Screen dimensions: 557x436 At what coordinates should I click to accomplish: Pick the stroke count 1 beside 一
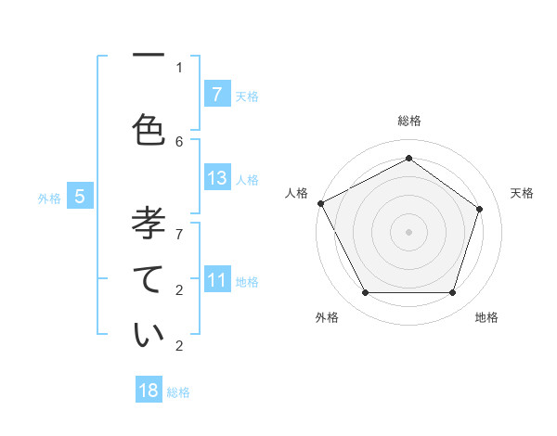(x=179, y=67)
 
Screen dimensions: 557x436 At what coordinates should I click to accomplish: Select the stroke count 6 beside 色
(x=179, y=141)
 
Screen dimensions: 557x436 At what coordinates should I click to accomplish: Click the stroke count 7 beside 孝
(x=179, y=224)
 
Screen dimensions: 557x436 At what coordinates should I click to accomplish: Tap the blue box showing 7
(x=216, y=95)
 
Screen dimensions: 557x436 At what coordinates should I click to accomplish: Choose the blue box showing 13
(x=216, y=178)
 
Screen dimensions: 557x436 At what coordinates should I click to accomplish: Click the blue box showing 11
(x=216, y=280)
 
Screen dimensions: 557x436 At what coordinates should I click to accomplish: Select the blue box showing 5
(x=80, y=197)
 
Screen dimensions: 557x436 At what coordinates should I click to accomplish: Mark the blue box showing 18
(x=149, y=391)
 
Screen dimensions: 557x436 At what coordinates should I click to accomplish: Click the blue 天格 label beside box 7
(x=247, y=96)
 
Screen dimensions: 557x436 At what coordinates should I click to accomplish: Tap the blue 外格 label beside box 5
(x=49, y=198)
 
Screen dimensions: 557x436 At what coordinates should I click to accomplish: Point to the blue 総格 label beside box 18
(x=178, y=391)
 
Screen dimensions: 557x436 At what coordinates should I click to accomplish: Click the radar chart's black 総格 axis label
(x=408, y=121)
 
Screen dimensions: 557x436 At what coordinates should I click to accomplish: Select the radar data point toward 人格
(x=320, y=203)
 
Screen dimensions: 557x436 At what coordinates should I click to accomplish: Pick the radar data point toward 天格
(x=479, y=209)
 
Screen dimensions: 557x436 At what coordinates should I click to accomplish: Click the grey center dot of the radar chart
(x=408, y=231)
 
